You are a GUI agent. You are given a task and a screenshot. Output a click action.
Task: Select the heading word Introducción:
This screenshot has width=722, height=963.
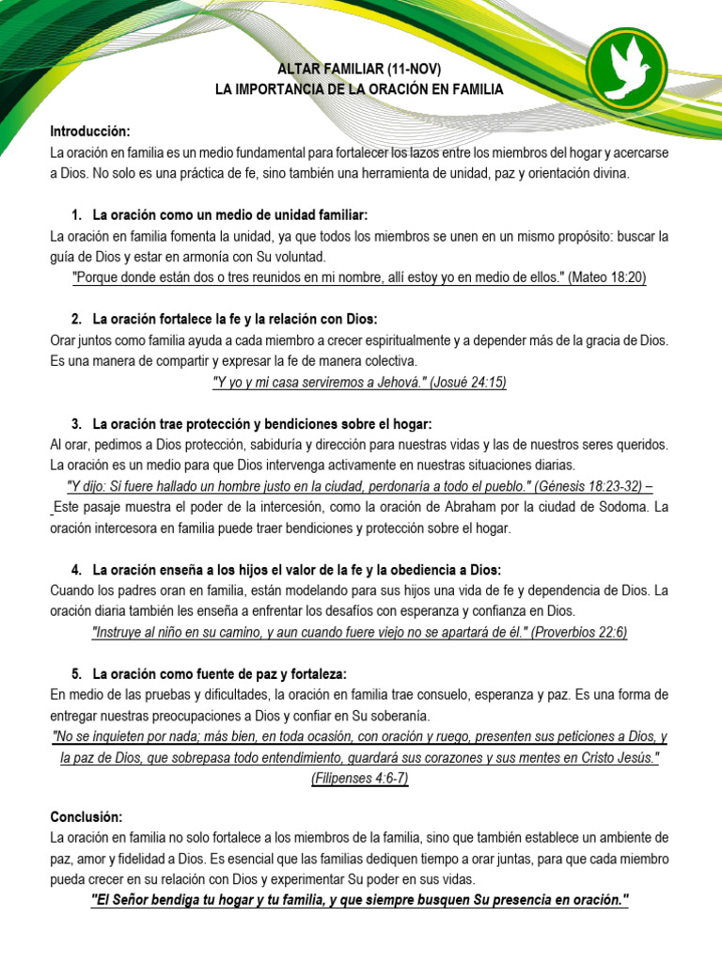click(x=90, y=130)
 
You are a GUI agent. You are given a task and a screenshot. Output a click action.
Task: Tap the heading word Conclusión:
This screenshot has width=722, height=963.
click(x=86, y=816)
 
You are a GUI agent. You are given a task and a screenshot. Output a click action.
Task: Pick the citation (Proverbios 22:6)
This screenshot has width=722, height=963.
click(x=579, y=632)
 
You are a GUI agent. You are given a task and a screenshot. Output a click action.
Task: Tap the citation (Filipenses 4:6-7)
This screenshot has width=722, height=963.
click(x=360, y=779)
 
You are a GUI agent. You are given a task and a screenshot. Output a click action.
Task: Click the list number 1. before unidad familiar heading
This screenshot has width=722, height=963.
click(x=77, y=215)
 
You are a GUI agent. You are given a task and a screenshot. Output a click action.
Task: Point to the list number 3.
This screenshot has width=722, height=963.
click(x=77, y=424)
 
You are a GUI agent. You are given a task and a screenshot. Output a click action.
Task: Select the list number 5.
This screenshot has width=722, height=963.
click(x=77, y=674)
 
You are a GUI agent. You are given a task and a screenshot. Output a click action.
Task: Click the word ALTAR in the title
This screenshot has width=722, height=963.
click(x=298, y=70)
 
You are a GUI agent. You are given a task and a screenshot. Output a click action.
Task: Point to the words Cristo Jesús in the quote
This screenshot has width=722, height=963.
click(x=619, y=758)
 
